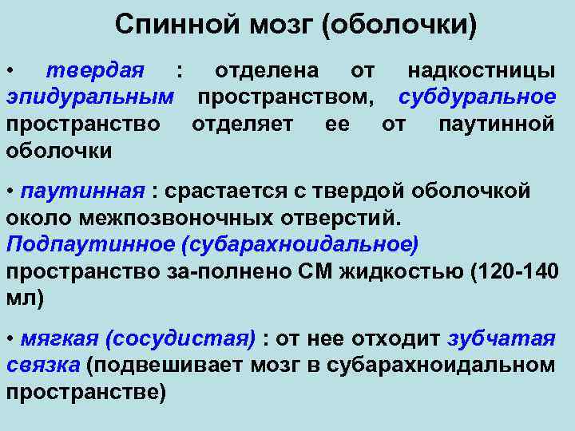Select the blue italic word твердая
[x=94, y=71]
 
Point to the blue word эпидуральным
[x=90, y=98]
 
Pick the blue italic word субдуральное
[x=477, y=98]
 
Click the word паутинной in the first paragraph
[x=497, y=125]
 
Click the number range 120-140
[x=516, y=271]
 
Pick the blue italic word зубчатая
[x=501, y=338]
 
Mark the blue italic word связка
[x=43, y=365]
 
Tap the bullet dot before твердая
[x=9, y=72]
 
